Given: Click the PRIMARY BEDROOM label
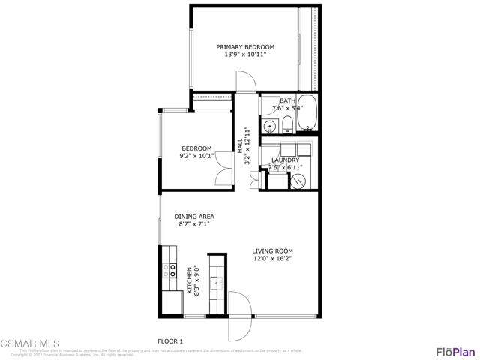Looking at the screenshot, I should (x=244, y=47).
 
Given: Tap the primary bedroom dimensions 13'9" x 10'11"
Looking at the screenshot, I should (x=244, y=55).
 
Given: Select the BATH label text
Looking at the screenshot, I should (x=287, y=100).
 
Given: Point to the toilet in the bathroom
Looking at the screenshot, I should (x=288, y=126).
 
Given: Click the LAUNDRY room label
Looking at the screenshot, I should (x=286, y=160).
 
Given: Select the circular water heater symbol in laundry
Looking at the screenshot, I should (x=298, y=181).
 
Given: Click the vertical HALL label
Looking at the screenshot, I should (x=240, y=141).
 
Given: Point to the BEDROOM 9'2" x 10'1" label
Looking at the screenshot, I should (x=196, y=152).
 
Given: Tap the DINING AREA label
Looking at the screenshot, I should (x=194, y=217).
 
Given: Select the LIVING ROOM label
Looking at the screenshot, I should (x=272, y=251).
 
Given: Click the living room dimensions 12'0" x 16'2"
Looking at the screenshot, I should (x=272, y=259).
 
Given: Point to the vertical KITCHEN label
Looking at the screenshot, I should (x=190, y=280).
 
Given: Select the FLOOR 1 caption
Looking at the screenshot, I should (x=171, y=341).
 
